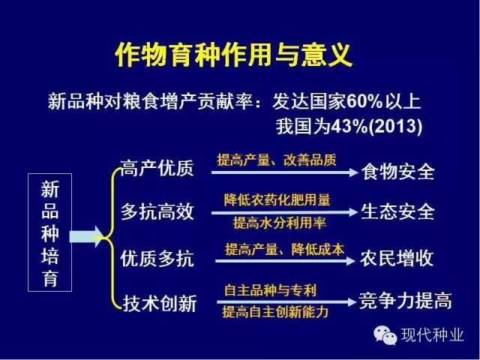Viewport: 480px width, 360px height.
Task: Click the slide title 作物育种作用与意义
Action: click(x=233, y=55)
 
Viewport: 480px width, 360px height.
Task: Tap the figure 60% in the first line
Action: click(x=364, y=101)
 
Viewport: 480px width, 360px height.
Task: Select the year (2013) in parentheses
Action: click(x=395, y=127)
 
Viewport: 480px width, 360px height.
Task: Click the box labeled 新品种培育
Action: click(x=50, y=232)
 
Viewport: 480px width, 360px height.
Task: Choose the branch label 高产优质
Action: click(x=157, y=168)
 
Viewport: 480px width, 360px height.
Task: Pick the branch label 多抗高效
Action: click(x=157, y=211)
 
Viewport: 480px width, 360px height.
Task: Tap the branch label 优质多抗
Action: click(x=157, y=258)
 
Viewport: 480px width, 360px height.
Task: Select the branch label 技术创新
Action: click(x=160, y=303)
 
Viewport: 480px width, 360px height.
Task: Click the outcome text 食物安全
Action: click(x=397, y=172)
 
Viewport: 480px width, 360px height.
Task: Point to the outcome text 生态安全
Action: click(x=397, y=211)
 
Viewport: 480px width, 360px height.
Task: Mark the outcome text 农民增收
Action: click(x=397, y=258)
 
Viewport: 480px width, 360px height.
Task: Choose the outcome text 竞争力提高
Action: click(x=405, y=301)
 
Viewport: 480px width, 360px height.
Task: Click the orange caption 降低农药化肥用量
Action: click(x=277, y=200)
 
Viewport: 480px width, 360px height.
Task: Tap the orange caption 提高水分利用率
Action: click(x=279, y=223)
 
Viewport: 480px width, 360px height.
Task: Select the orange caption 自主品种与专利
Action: click(x=270, y=290)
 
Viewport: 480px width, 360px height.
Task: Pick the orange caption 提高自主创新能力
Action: click(x=275, y=312)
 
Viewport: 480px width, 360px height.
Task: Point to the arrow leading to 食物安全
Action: click(x=285, y=172)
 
